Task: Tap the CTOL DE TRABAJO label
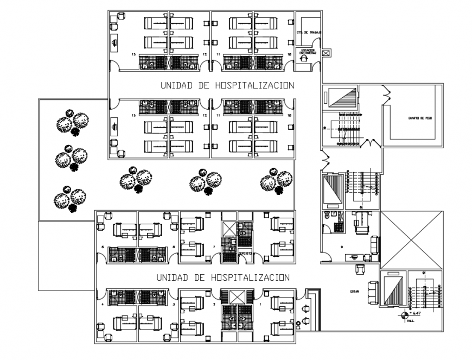click(x=307, y=33)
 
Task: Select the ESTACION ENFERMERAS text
click(x=305, y=51)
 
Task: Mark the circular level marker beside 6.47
click(x=404, y=314)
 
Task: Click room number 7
click(x=215, y=247)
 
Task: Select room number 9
click(x=342, y=248)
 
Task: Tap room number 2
click(x=215, y=305)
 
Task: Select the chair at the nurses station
click(x=304, y=57)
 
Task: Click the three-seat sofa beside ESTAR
click(x=373, y=292)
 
